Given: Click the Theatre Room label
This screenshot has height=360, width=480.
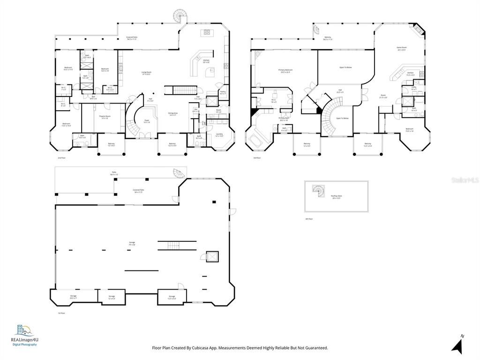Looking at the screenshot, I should point(104,117).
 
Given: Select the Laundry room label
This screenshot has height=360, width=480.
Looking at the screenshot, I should point(219,135).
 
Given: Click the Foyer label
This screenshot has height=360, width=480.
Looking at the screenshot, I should point(147,121).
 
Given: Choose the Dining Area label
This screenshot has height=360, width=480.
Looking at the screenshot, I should point(172,114).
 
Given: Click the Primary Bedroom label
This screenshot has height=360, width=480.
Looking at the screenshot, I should point(285,72).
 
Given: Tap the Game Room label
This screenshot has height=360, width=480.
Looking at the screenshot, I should point(402,48).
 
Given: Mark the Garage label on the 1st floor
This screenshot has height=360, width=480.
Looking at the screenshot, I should point(132,243).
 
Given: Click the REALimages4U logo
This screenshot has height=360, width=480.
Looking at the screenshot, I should point(25,335).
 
